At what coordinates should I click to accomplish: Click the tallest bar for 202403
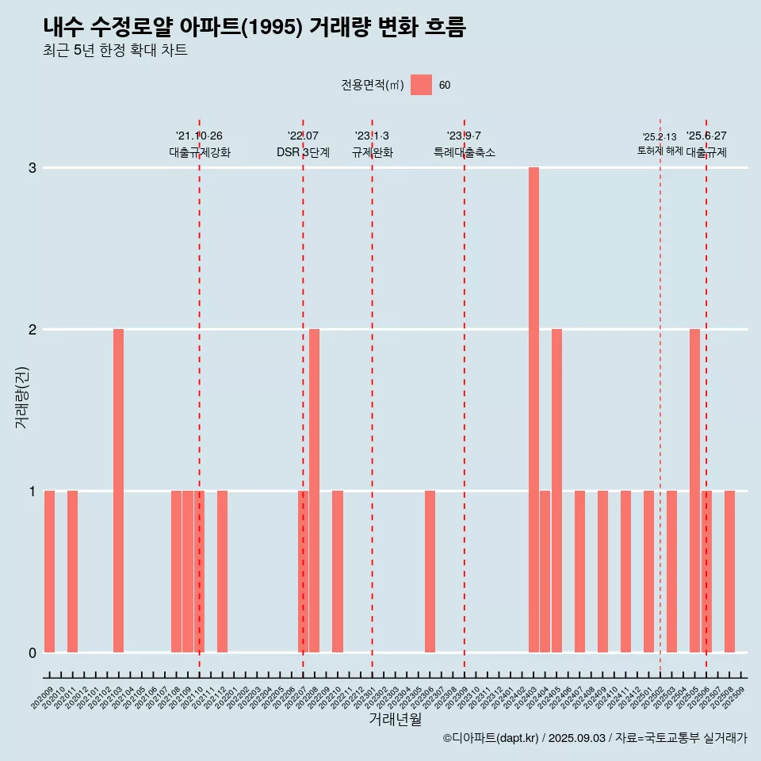pos(533,410)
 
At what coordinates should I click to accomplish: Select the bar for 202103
pos(118,491)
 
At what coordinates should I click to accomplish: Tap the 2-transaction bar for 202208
pos(315,491)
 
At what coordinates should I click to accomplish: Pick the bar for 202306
pos(430,572)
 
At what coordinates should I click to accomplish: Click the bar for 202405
pos(556,491)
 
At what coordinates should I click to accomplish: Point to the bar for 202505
pos(694,491)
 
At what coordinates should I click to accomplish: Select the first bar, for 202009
pos(49,572)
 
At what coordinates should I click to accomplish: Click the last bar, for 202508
pos(729,572)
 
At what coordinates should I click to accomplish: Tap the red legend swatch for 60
pos(421,85)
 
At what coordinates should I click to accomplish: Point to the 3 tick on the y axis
pos(33,168)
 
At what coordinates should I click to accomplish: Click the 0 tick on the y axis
pos(33,652)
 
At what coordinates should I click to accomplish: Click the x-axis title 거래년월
pos(395,719)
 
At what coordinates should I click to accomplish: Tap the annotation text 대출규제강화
pos(200,152)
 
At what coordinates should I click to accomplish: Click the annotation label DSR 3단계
pos(303,152)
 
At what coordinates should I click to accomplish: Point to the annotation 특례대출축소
pos(464,152)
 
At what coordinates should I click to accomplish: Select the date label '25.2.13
pos(660,137)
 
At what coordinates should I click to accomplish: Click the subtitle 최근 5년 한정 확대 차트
pos(116,51)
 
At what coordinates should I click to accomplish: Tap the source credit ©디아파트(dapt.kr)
pos(491,738)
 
